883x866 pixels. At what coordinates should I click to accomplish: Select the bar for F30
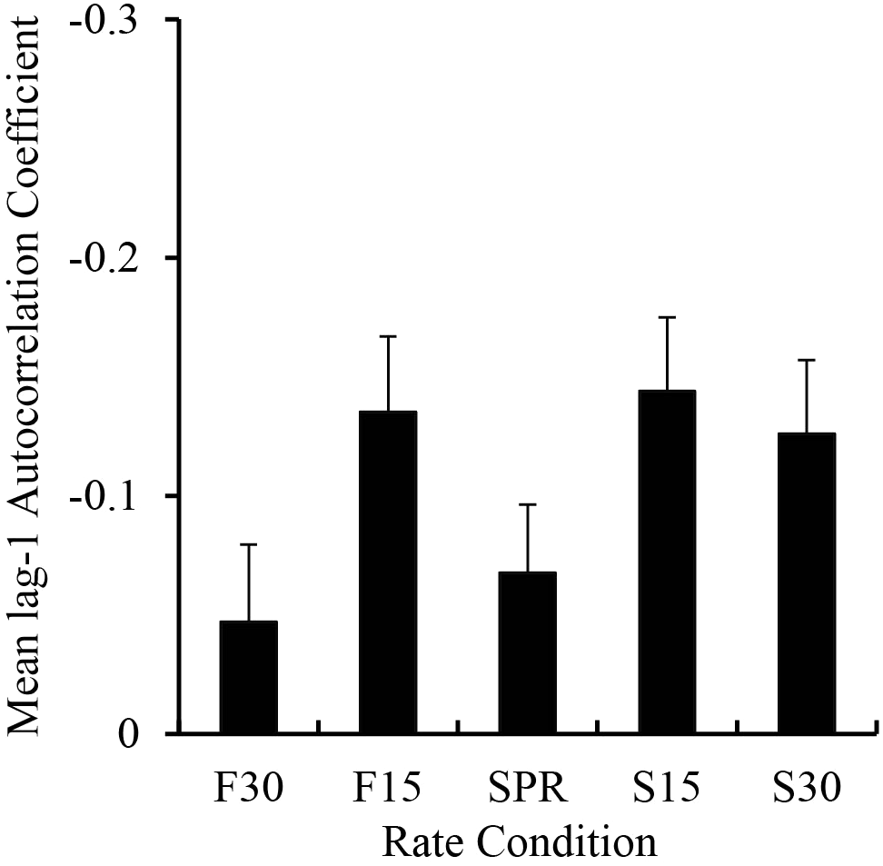pyautogui.click(x=249, y=677)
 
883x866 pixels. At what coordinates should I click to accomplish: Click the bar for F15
pyautogui.click(x=388, y=572)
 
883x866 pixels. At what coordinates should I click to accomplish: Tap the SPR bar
pyautogui.click(x=528, y=652)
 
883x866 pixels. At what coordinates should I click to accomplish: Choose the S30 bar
pyautogui.click(x=807, y=583)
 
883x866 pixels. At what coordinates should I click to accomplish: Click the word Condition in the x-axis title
pyautogui.click(x=565, y=841)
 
